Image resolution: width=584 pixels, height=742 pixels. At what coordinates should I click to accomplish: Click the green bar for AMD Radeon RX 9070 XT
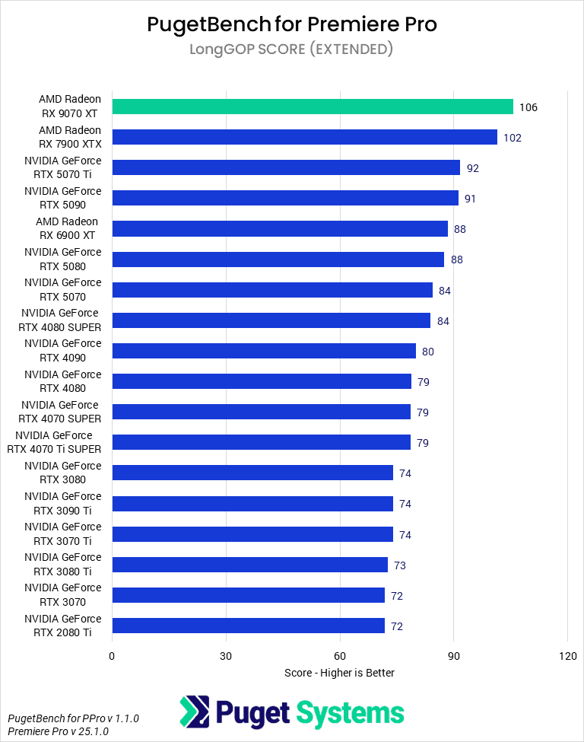313,107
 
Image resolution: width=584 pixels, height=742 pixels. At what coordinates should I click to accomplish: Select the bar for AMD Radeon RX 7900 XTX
304,137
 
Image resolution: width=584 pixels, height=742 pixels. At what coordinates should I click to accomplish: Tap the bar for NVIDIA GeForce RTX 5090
285,198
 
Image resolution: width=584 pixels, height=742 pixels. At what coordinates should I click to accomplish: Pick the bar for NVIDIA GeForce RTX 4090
264,351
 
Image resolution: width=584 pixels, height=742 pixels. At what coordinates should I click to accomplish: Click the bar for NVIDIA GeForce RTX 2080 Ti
249,626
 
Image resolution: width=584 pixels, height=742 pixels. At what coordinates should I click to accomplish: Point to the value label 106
528,107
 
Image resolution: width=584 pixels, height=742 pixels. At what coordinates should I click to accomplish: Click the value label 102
513,138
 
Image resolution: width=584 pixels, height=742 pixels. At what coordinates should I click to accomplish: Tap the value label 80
428,352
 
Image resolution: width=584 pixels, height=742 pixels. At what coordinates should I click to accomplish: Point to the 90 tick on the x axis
454,656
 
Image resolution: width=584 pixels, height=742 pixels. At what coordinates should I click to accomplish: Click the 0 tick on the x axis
113,656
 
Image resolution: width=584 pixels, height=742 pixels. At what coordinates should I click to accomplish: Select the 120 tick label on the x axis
567,656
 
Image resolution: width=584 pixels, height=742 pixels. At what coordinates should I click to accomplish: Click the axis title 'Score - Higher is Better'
339,673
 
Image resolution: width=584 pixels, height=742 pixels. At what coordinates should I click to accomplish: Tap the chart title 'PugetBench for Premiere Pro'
292,24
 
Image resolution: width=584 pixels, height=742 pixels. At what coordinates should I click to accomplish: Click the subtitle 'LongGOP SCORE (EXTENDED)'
292,49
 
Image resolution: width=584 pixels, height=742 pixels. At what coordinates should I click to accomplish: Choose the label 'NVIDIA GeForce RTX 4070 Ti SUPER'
54,442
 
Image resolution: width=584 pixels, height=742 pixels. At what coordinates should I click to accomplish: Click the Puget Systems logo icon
195,712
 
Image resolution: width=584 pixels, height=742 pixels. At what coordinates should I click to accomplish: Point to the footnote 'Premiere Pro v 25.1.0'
58,731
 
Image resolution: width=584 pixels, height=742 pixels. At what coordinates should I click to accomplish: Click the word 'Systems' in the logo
350,713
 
